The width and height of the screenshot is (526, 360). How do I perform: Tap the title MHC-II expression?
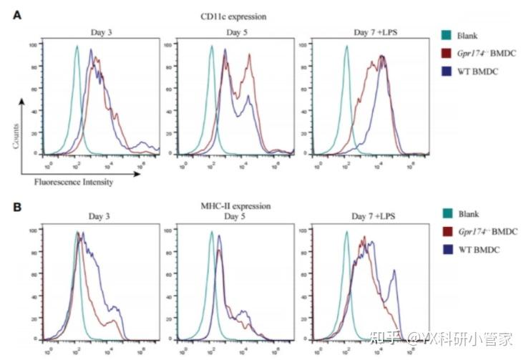(x=236, y=206)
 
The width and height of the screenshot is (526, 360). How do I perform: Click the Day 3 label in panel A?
(x=102, y=33)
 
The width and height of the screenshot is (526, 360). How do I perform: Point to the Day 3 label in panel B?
(x=102, y=216)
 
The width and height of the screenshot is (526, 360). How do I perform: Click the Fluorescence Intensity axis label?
(x=74, y=182)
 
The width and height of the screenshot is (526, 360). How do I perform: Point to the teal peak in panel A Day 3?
(x=77, y=48)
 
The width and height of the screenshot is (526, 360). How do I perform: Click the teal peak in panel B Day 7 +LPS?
(x=346, y=233)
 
